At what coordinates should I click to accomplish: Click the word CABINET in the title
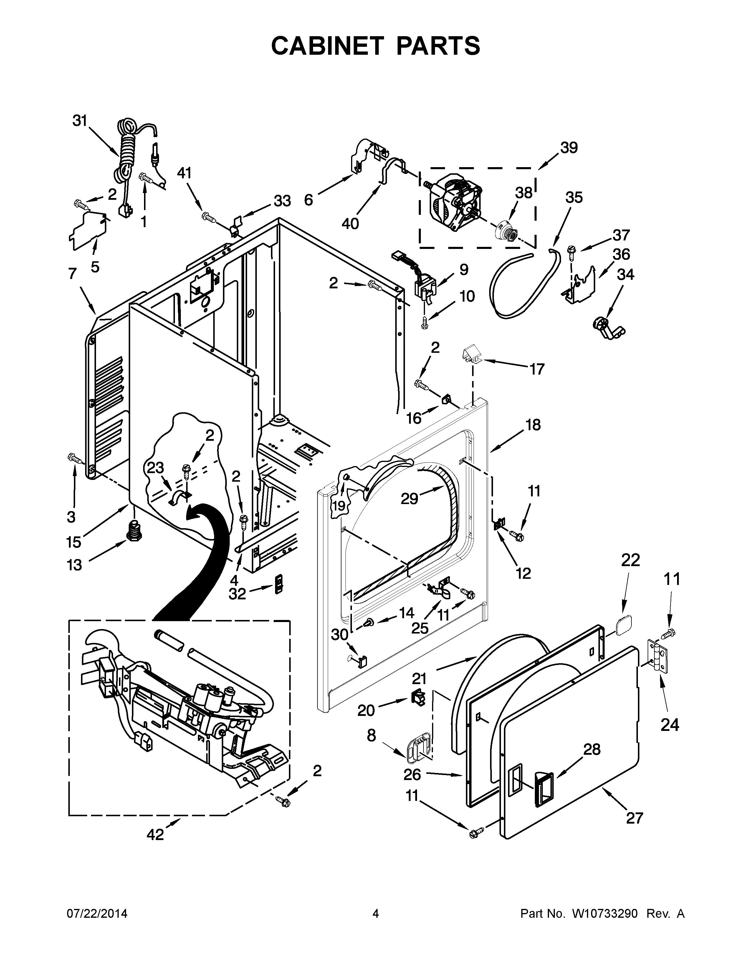pyautogui.click(x=327, y=46)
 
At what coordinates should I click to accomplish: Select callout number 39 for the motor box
pyautogui.click(x=569, y=148)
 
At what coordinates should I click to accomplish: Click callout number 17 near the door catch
pyautogui.click(x=537, y=369)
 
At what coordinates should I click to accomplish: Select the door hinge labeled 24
pyautogui.click(x=658, y=657)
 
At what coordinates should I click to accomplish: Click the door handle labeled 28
pyautogui.click(x=544, y=786)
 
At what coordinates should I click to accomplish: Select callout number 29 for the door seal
pyautogui.click(x=409, y=498)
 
